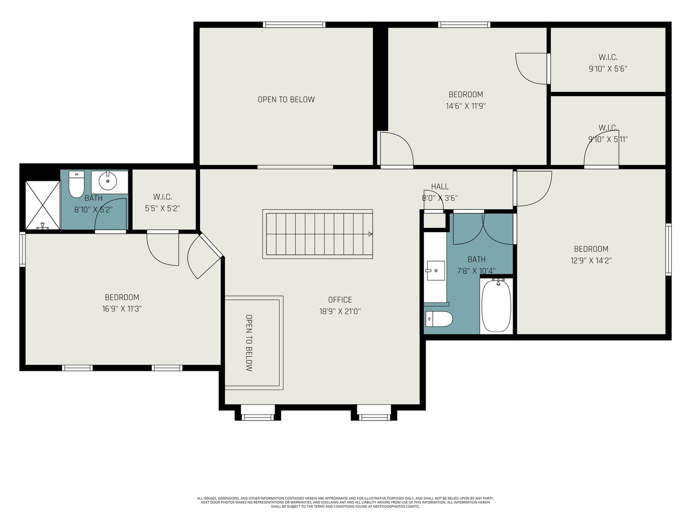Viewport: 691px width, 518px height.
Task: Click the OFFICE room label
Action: [x=340, y=300]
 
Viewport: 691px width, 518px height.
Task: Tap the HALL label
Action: [x=440, y=186]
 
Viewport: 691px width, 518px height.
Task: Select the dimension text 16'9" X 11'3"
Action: [x=122, y=309]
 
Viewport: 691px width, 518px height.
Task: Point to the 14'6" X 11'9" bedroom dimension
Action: [x=466, y=106]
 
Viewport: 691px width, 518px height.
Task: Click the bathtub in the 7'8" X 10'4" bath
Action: [x=497, y=305]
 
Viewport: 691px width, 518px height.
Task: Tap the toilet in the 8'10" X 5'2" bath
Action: [x=76, y=184]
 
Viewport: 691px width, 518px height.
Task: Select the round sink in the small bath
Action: [x=108, y=181]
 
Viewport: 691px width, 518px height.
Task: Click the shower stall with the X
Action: [x=42, y=205]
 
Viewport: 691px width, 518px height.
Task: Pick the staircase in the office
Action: [x=317, y=234]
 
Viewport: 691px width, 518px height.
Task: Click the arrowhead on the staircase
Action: [x=370, y=234]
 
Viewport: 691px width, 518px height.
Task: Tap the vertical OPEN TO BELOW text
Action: [x=249, y=343]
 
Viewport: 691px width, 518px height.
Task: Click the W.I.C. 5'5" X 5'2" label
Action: [x=162, y=202]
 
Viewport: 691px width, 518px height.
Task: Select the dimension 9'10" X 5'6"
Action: [x=608, y=69]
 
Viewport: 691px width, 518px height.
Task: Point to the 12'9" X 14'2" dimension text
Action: [x=591, y=260]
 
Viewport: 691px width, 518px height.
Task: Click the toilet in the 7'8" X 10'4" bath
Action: [x=439, y=319]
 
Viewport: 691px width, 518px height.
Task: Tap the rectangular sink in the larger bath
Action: [x=435, y=271]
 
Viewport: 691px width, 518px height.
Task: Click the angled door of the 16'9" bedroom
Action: [x=205, y=256]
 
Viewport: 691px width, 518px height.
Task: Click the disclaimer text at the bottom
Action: [x=345, y=502]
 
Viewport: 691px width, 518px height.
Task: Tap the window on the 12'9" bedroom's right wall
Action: [x=669, y=250]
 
